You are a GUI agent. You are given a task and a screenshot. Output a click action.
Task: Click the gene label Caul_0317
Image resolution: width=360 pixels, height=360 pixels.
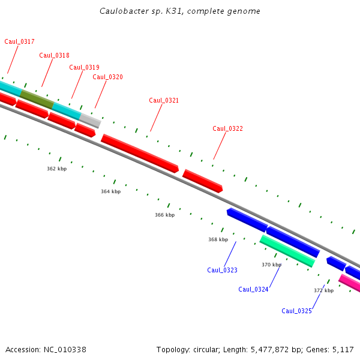(x=19, y=41)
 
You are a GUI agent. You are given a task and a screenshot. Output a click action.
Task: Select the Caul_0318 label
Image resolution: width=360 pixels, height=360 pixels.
(x=54, y=55)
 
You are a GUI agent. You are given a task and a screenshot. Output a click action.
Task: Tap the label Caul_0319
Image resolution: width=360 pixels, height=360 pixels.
(x=84, y=67)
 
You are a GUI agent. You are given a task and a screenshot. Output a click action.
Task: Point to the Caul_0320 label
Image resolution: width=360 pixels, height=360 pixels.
(x=107, y=77)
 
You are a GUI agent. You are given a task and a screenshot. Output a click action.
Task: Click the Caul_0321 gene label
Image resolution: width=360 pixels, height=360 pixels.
(x=164, y=100)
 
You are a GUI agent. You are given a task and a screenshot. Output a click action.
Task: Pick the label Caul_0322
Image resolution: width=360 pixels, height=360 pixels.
(x=227, y=128)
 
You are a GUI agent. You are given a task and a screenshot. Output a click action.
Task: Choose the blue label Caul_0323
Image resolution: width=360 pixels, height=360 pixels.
(x=222, y=270)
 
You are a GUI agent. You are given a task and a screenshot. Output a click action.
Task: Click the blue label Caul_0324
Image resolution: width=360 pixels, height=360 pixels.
(x=253, y=289)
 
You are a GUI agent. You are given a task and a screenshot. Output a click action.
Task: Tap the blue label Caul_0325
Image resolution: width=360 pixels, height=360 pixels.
(x=296, y=311)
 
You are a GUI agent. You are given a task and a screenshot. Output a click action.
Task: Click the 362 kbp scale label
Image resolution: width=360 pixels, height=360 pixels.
(x=56, y=169)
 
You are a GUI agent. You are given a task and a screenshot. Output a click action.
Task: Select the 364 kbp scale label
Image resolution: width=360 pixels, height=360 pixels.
(x=110, y=191)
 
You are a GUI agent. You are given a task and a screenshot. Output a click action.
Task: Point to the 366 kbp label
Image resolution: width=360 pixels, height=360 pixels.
(x=164, y=215)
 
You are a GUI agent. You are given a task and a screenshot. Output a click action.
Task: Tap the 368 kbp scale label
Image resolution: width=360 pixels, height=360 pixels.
(x=218, y=239)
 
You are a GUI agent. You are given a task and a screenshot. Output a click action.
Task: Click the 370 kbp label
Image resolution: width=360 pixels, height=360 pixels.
(x=271, y=265)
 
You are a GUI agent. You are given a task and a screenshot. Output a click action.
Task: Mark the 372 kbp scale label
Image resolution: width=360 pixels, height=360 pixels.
(x=323, y=290)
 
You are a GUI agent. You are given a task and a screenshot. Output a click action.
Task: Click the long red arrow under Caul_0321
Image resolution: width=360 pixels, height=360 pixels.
(x=140, y=154)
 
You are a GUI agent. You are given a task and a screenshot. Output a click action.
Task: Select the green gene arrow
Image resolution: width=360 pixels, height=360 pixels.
(x=287, y=251)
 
